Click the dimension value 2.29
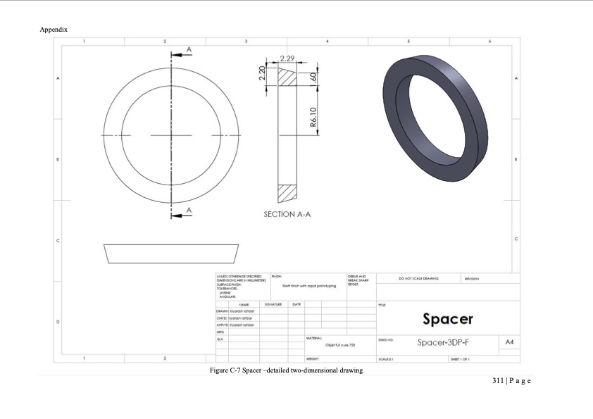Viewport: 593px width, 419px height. [287, 58]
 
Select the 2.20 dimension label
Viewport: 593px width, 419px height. [261, 73]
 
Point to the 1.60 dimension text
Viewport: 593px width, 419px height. [315, 76]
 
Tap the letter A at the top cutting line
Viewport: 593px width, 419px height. [189, 48]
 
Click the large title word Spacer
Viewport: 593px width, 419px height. [447, 319]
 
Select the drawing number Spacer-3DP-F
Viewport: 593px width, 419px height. [447, 342]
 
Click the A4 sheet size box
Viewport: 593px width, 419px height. [509, 342]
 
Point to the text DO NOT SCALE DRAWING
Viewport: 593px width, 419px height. [419, 279]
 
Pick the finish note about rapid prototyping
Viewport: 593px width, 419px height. [309, 286]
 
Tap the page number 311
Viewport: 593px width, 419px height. [499, 381]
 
